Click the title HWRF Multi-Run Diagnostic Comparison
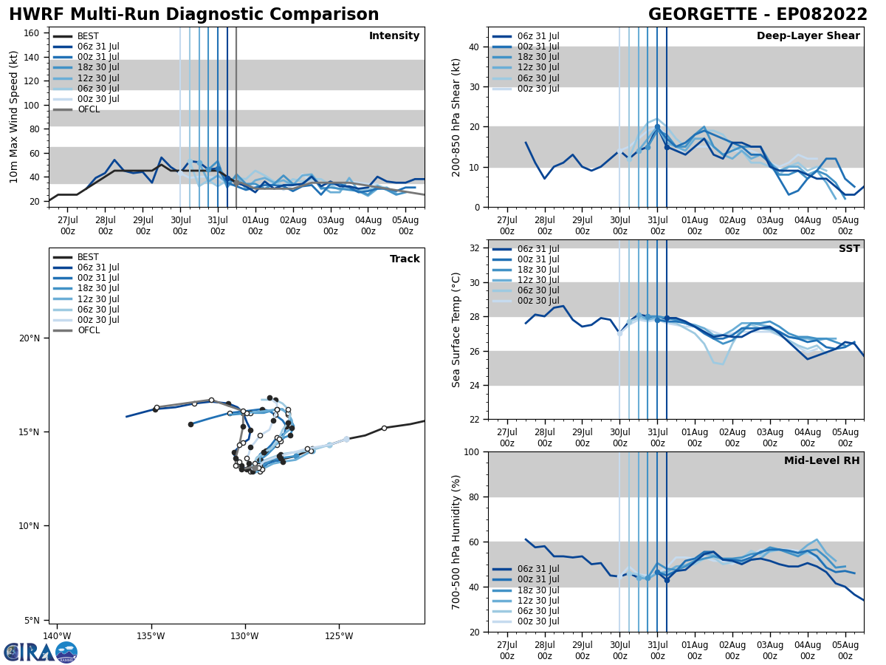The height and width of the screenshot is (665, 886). [193, 15]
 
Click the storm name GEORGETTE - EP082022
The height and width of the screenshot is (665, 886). [758, 15]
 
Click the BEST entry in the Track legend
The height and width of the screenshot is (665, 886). [87, 257]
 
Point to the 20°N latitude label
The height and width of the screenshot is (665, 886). [30, 338]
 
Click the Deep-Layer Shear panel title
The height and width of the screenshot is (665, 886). [808, 36]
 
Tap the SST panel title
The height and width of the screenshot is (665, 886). [849, 249]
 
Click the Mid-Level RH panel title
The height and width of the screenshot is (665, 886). [822, 461]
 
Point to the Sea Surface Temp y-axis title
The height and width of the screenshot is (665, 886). [457, 330]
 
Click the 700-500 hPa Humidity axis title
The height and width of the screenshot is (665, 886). [457, 542]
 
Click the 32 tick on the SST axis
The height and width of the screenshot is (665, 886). [475, 248]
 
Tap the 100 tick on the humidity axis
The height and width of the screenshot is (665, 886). [472, 452]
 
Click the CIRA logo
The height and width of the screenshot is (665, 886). [41, 652]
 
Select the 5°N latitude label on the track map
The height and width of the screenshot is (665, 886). [32, 620]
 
